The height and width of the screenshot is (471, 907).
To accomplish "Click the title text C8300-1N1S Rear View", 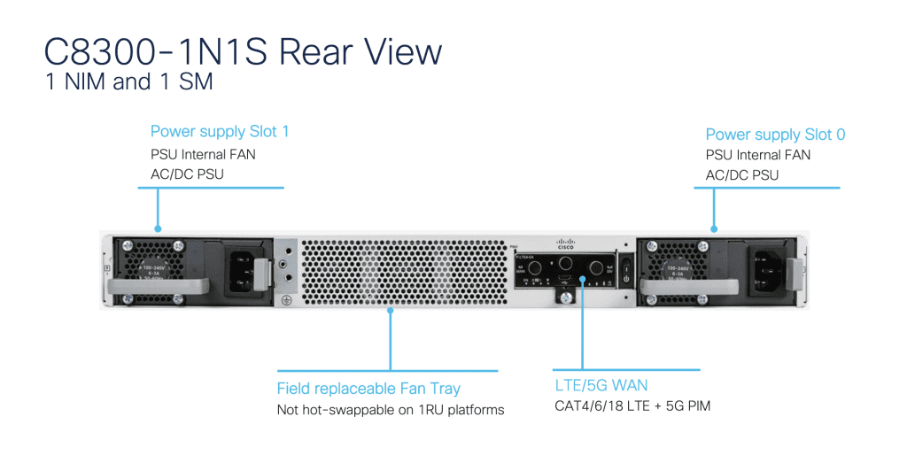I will [243, 52].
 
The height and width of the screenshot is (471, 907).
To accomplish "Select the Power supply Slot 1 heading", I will [220, 132].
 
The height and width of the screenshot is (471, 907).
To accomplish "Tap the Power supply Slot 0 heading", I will [775, 135].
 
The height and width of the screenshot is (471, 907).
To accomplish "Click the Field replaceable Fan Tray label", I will [368, 388].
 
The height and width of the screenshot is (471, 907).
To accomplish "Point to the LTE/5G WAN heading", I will [601, 385].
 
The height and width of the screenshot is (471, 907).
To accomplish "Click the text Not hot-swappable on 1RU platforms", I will [391, 410].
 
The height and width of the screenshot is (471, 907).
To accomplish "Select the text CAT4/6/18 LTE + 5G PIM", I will [632, 406].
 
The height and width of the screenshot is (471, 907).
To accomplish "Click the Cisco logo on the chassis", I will [566, 243].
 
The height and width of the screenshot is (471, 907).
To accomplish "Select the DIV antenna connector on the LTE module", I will [596, 267].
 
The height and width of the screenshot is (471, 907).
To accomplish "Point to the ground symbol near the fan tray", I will [286, 300].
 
